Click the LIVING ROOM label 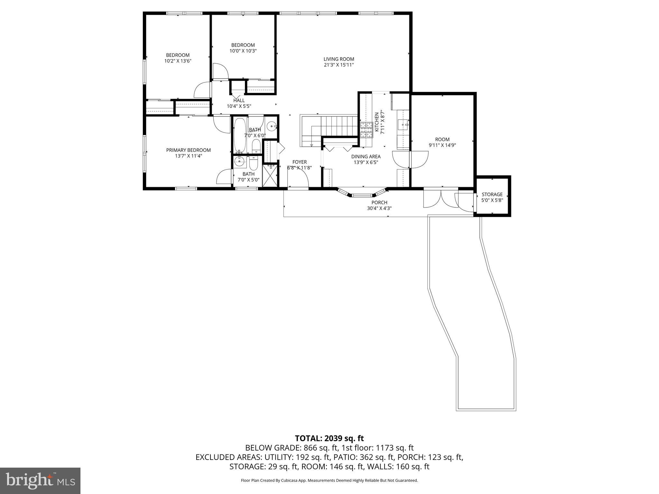339,59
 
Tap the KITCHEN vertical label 376,122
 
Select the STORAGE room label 492,194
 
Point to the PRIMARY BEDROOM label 188,150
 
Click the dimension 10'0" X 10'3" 243,51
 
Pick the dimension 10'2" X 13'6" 178,61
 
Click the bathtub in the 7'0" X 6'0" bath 239,135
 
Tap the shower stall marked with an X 270,176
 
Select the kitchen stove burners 366,130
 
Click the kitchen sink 403,124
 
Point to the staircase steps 338,126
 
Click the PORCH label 379,203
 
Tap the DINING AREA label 366,157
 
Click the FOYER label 299,162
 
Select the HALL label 239,101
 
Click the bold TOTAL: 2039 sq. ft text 329,438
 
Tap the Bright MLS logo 40,480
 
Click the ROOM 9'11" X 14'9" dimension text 442,145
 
